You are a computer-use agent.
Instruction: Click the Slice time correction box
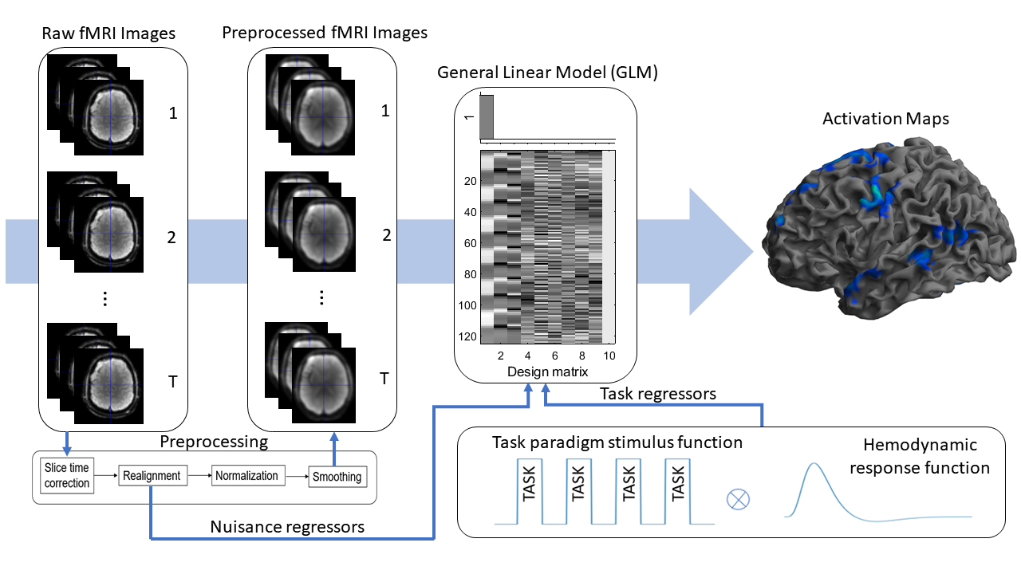67,476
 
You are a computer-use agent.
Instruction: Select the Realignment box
152,476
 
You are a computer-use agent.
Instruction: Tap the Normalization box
246,476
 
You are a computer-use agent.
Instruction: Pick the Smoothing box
336,477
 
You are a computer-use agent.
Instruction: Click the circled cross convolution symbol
739,500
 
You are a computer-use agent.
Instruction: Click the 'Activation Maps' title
885,119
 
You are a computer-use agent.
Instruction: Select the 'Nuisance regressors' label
287,527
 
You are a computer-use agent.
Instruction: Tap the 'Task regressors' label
658,394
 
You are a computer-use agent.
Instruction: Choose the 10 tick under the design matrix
609,356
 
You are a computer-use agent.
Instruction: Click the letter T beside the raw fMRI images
172,383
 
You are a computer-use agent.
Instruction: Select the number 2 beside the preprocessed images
386,235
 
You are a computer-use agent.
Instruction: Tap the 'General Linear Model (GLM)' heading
547,73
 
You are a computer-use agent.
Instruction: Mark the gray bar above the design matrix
487,117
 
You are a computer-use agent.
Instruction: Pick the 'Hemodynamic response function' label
919,456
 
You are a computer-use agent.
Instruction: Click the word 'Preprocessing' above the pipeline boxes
214,442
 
